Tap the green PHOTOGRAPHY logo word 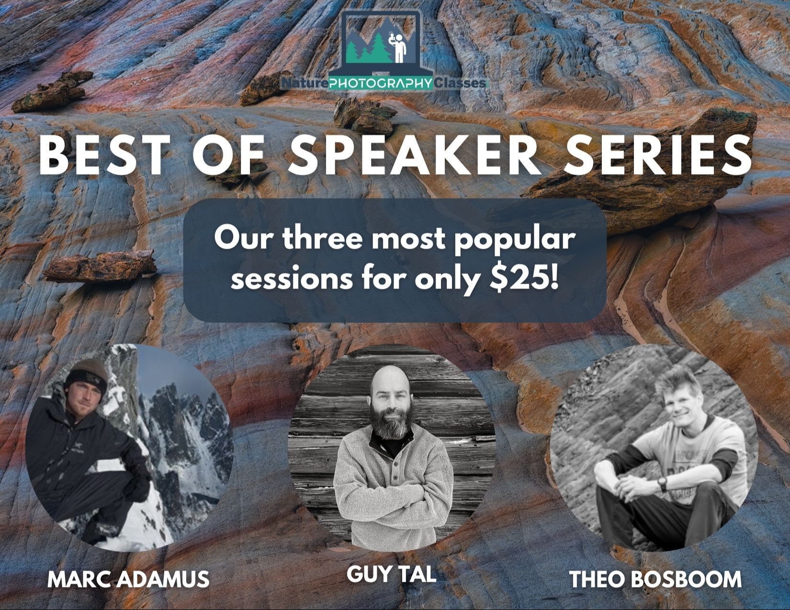pos(381,84)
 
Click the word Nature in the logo pos(305,84)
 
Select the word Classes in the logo pos(460,84)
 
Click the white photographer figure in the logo pos(399,46)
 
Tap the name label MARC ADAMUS pos(128,579)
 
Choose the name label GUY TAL pos(391,575)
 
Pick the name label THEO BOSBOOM pos(655,579)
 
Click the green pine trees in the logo pos(363,50)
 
